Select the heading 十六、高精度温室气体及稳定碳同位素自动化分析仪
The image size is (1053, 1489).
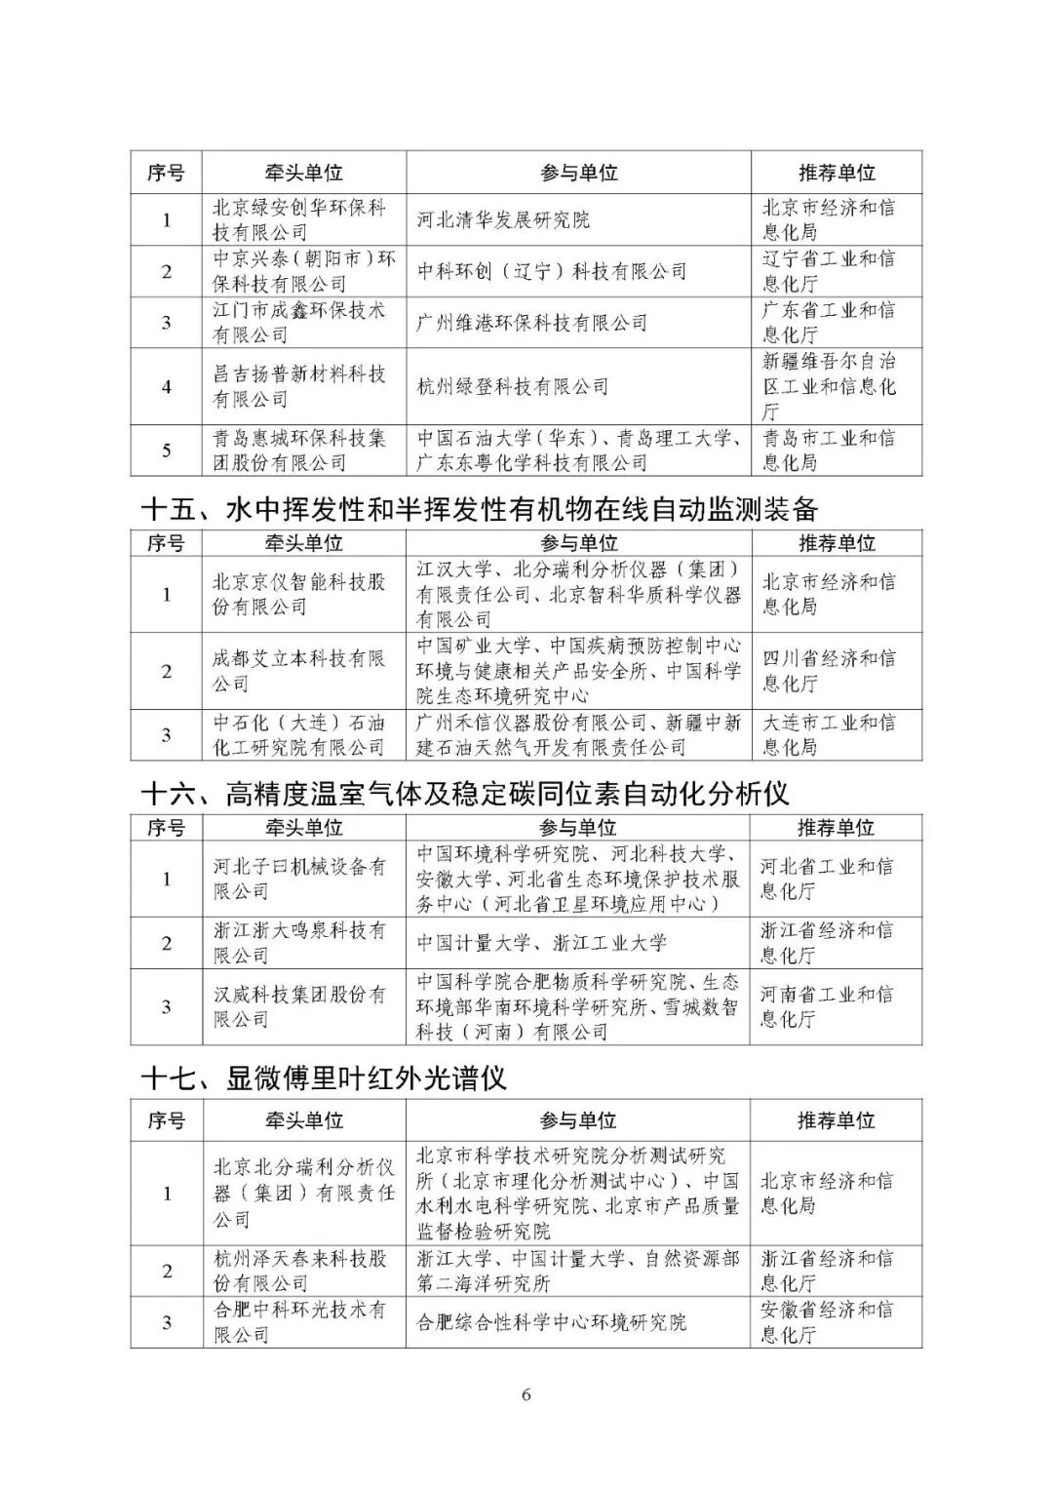[464, 793]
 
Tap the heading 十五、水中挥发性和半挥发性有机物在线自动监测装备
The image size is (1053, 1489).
[479, 508]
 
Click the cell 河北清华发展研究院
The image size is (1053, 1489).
[503, 219]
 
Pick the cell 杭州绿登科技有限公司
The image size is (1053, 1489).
[513, 386]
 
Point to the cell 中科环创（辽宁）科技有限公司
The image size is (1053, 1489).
[552, 271]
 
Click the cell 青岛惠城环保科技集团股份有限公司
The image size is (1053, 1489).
[299, 451]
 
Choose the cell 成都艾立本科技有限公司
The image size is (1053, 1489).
[299, 671]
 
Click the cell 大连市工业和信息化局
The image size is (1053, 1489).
[828, 735]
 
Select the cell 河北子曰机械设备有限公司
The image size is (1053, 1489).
[299, 879]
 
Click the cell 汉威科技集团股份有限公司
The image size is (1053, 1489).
[299, 1006]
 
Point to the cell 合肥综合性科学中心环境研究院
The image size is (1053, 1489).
[551, 1322]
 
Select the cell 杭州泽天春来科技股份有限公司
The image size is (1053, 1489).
[299, 1271]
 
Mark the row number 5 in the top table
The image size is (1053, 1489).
[167, 451]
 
